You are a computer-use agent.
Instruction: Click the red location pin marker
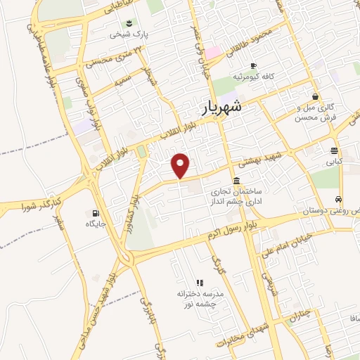tap(181, 165)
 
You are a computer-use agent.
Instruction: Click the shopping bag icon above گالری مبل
tap(315, 96)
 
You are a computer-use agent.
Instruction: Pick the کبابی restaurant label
tap(334, 161)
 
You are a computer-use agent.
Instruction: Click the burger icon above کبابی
tap(335, 150)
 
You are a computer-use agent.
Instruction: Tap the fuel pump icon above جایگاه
tap(95, 213)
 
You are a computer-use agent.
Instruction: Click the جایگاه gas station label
tap(95, 224)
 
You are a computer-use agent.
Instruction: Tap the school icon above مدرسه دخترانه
tap(200, 282)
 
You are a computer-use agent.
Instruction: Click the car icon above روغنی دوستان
tap(339, 199)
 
